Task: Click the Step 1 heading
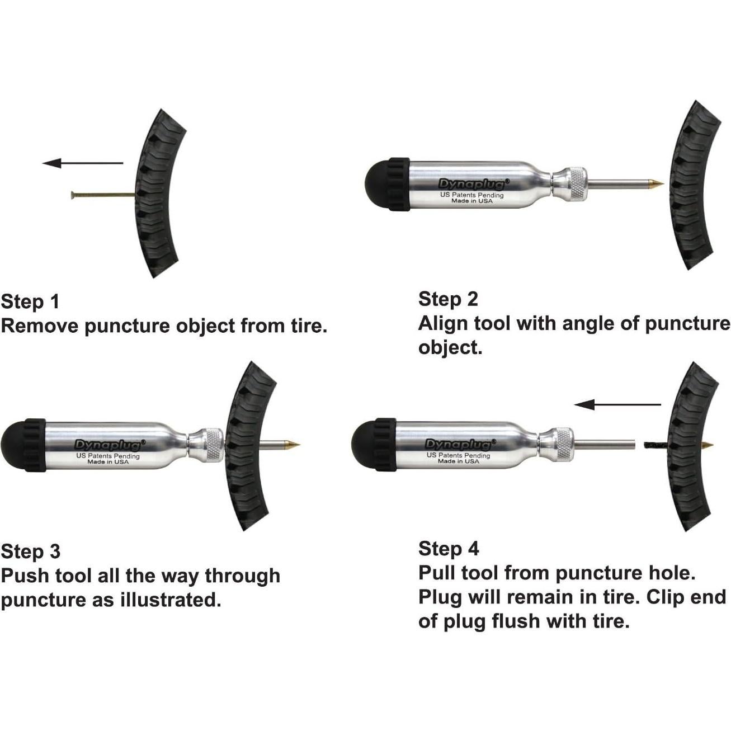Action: [x=30, y=302]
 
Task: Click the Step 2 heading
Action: [x=448, y=299]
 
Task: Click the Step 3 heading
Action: [x=30, y=551]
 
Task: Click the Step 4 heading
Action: [x=449, y=549]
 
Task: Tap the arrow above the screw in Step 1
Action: [x=82, y=163]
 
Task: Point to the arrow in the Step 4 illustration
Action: [x=617, y=404]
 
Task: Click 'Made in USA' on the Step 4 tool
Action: [x=459, y=461]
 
